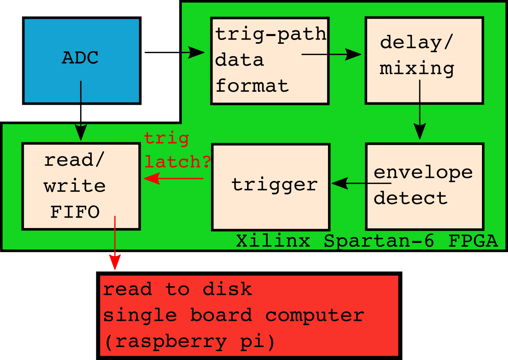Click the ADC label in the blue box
tap(80, 58)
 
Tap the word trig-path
tap(271, 35)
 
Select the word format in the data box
tap(252, 86)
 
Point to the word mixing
tap(417, 68)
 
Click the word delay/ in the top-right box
tap(416, 43)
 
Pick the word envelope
tap(423, 173)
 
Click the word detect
tap(411, 198)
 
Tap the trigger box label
tap(274, 185)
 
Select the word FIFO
tap(75, 212)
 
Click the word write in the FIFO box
tap(74, 186)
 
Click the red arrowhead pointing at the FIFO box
tap(152, 178)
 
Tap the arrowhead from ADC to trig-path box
tap(196, 53)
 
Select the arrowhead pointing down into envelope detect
tap(420, 131)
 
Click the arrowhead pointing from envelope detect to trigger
tap(340, 183)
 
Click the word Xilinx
tap(273, 241)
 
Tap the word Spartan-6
tap(378, 241)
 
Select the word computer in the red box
tap(315, 315)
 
